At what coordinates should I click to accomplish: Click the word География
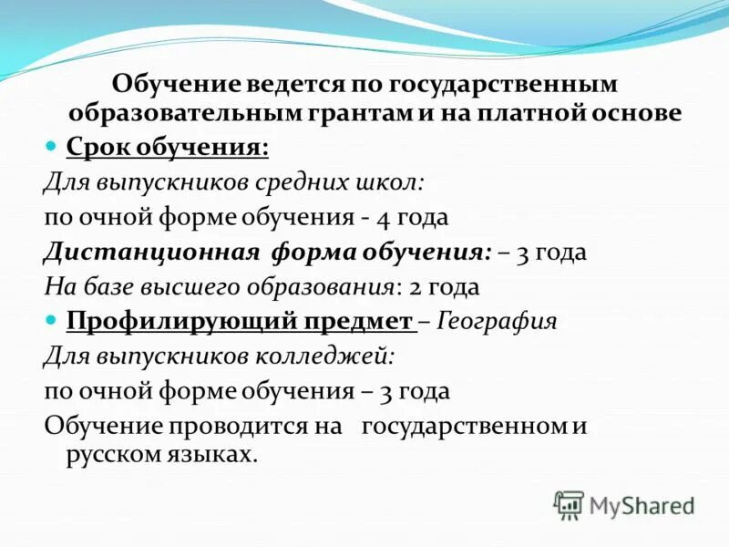point(497,321)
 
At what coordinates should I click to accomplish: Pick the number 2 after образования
point(415,286)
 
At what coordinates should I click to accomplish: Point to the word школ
point(395,182)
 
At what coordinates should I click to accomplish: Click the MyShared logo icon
point(569,505)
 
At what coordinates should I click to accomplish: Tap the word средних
point(310,182)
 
